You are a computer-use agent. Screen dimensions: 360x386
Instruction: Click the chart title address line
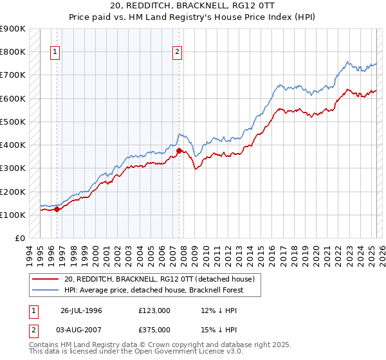coord(192,6)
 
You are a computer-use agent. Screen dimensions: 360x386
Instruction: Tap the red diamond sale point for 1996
coord(57,208)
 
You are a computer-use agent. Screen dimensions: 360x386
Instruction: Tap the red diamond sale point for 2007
coord(179,151)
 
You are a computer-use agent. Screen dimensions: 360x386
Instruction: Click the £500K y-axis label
coord(14,122)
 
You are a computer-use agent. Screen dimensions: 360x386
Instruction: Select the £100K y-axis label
coord(14,215)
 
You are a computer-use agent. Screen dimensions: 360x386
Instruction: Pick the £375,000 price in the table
coord(154,329)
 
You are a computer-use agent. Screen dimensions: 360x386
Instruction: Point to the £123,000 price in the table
coord(154,310)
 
